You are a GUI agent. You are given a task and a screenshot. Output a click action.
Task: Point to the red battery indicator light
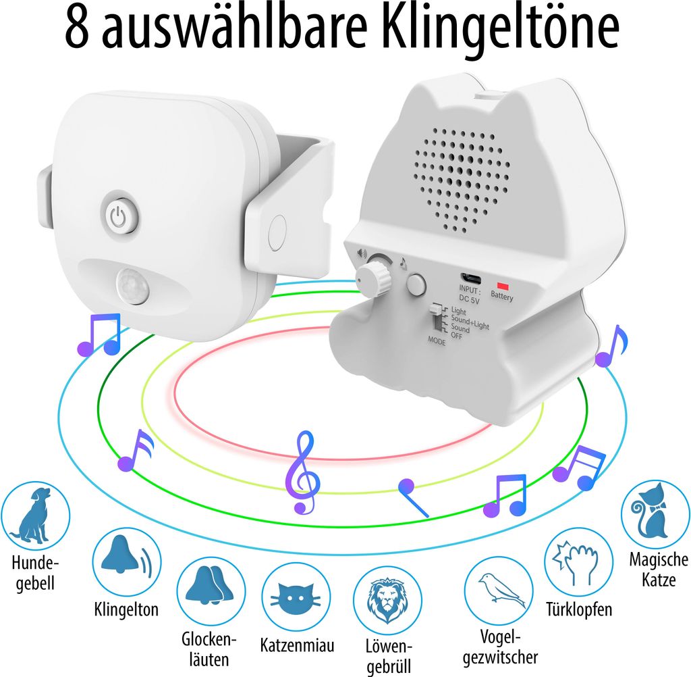click(501, 285)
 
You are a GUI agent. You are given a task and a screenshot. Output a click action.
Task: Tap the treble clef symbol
click(302, 472)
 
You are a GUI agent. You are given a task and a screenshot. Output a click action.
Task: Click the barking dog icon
click(35, 516)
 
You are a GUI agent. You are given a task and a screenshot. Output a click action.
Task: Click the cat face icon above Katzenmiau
click(295, 597)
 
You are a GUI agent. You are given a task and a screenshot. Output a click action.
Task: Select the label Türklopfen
click(579, 609)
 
